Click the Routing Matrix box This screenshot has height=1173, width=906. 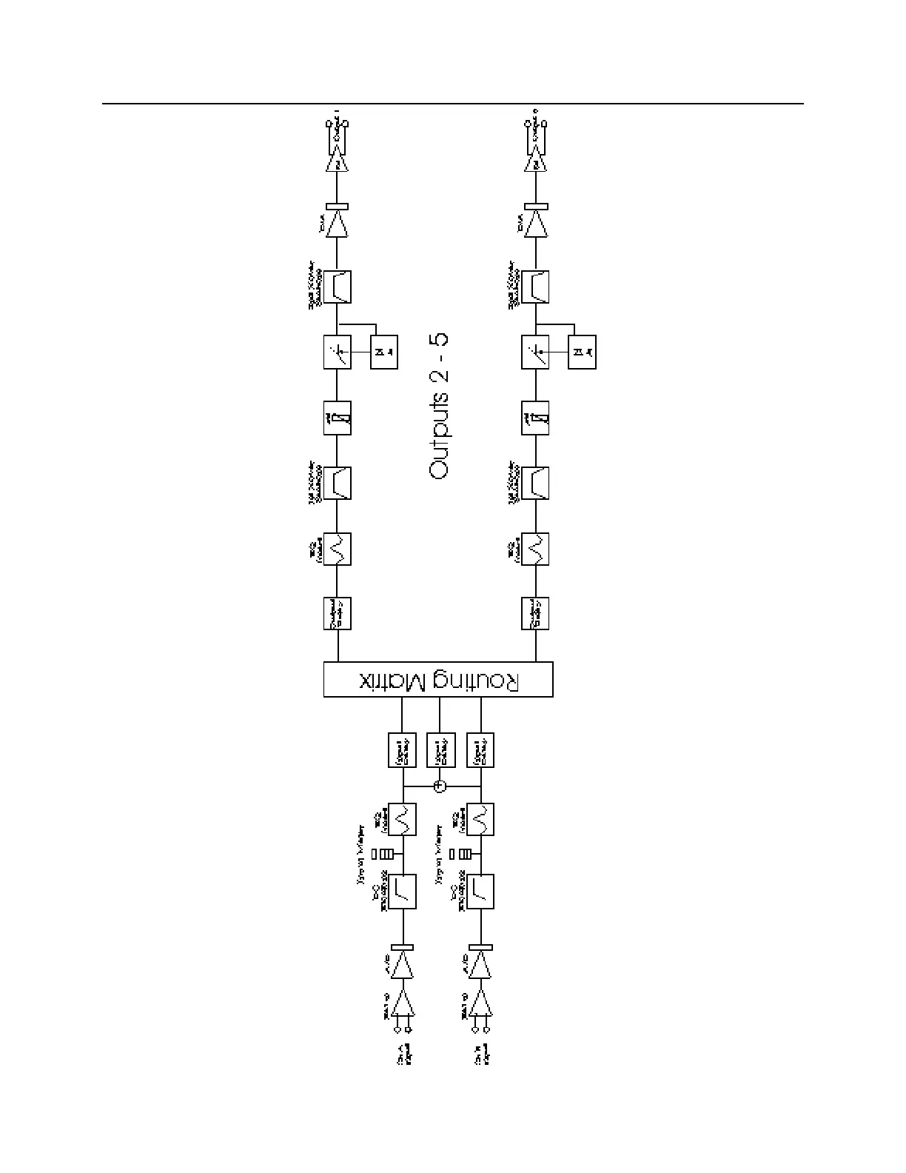pos(438,679)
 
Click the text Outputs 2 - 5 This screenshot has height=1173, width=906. pos(438,407)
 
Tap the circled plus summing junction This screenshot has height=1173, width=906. pos(440,786)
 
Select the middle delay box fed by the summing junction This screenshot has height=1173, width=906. pos(440,750)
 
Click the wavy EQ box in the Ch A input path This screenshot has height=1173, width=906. pos(402,819)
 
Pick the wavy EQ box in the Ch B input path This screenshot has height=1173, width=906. pos(480,819)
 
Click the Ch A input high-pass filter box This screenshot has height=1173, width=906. pos(402,891)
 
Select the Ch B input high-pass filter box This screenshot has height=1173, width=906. pos(480,891)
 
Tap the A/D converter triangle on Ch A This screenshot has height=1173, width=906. pos(402,965)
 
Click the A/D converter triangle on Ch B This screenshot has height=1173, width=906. pos(480,965)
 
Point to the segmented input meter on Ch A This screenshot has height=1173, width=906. pos(383,853)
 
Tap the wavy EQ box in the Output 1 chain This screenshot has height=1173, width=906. pos(338,549)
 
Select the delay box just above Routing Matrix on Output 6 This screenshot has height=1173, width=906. pos(535,613)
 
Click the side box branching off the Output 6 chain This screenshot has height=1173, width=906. pos(582,352)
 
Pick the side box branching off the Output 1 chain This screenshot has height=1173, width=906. pos(383,352)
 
